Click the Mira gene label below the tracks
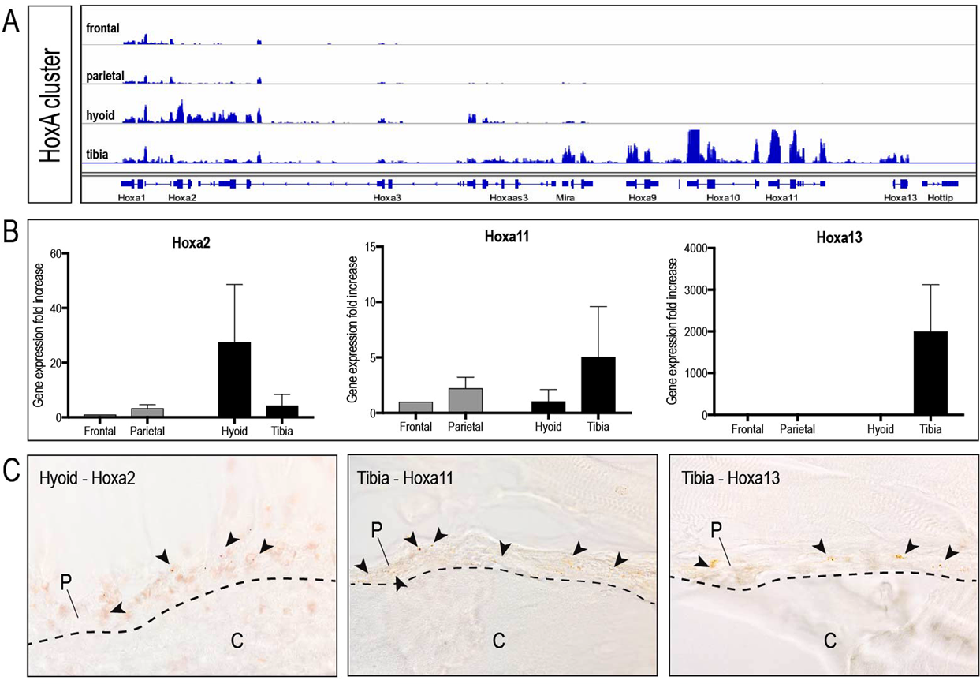tap(565, 198)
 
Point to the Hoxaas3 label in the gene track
tap(509, 198)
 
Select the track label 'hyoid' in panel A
tap(101, 116)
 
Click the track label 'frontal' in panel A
tap(102, 28)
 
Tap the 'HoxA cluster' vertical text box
tap(50, 104)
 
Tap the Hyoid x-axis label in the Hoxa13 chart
tap(880, 429)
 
